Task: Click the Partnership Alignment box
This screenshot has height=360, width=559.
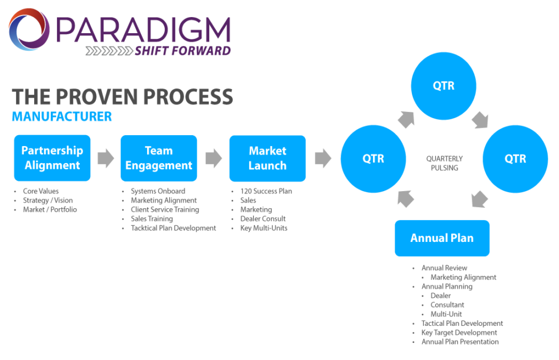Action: pyautogui.click(x=52, y=158)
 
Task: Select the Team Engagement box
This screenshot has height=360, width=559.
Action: pyautogui.click(x=159, y=158)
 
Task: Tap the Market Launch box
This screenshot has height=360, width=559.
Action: pyautogui.click(x=267, y=158)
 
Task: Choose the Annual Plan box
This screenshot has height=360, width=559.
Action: pyautogui.click(x=442, y=238)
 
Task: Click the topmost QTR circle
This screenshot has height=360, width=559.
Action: pyautogui.click(x=444, y=86)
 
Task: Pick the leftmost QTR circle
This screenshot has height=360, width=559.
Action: pyautogui.click(x=373, y=159)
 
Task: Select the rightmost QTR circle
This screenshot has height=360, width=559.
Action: pyautogui.click(x=515, y=159)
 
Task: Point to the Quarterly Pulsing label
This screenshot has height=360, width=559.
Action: pyautogui.click(x=444, y=163)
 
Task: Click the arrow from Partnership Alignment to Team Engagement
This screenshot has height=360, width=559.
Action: pyautogui.click(x=106, y=158)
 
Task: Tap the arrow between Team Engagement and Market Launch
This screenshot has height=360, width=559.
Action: pyautogui.click(x=213, y=158)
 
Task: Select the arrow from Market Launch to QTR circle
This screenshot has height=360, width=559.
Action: pyautogui.click(x=323, y=158)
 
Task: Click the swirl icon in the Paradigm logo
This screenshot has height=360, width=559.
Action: pyautogui.click(x=30, y=30)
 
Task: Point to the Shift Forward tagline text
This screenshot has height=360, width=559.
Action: pyautogui.click(x=183, y=51)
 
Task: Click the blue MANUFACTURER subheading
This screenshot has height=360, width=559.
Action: pyautogui.click(x=62, y=117)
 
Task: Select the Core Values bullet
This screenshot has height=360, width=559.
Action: pyautogui.click(x=40, y=191)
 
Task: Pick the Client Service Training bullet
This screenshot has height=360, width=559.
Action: pyautogui.click(x=165, y=209)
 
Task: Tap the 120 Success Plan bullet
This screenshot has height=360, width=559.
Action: pyautogui.click(x=266, y=191)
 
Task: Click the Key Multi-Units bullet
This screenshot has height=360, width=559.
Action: pyautogui.click(x=264, y=228)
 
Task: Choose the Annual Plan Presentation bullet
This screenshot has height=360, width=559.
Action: pyautogui.click(x=460, y=342)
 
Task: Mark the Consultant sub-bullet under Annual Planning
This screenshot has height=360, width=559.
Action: pyautogui.click(x=447, y=305)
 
